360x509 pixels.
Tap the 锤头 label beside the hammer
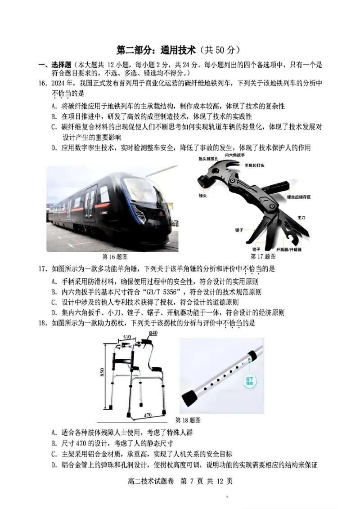[202, 196]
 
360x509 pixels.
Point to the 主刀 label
[301, 218]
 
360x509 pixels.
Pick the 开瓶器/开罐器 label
[288, 249]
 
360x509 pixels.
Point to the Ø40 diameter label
[153, 333]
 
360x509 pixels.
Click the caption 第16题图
[115, 257]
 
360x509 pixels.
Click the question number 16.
[43, 84]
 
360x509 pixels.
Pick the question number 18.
[43, 323]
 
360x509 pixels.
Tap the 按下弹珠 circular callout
[249, 381]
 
